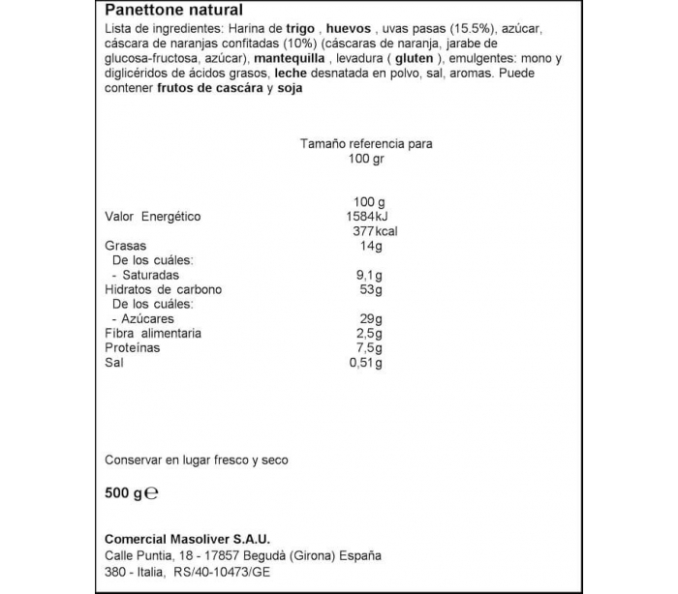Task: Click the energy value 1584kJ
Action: point(366,217)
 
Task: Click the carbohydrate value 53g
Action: point(372,289)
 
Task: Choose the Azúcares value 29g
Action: point(372,318)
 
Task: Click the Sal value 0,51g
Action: point(366,363)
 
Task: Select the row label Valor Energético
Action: point(152,217)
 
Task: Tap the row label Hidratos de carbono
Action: point(163,289)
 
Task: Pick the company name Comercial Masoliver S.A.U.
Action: point(187,539)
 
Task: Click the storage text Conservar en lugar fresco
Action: point(196,460)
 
